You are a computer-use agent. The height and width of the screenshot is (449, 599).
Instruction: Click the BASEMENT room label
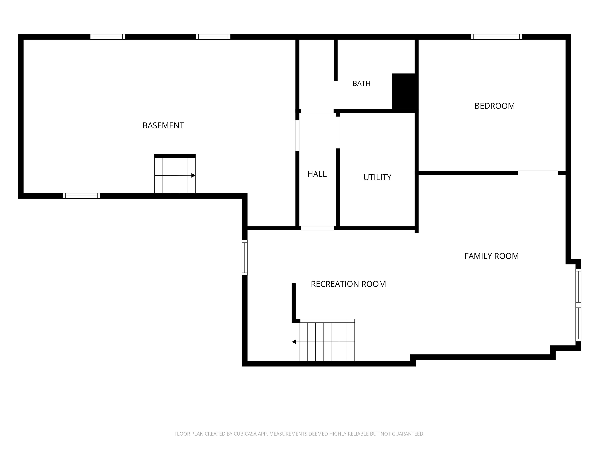click(x=163, y=126)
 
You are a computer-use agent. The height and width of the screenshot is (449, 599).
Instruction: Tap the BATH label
click(x=361, y=83)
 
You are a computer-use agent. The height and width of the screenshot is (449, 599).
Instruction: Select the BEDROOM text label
click(x=494, y=106)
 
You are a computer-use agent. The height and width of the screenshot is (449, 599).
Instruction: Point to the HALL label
click(x=317, y=174)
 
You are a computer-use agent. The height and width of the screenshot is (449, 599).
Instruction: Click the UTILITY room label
click(x=377, y=177)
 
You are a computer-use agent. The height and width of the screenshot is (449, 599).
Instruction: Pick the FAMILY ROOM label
click(x=492, y=256)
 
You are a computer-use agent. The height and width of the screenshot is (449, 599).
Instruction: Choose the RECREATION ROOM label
click(x=348, y=284)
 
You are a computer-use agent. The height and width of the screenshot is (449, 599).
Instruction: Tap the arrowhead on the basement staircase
click(x=193, y=175)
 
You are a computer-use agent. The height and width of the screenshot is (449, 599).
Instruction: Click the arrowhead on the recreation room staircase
click(x=294, y=342)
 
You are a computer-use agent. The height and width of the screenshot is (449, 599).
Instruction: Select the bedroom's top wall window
click(x=496, y=37)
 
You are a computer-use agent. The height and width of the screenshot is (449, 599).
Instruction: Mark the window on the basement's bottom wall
click(x=82, y=196)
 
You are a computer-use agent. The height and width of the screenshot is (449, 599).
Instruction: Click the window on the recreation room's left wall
click(x=245, y=258)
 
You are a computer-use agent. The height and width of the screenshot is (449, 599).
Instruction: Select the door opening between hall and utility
click(x=338, y=132)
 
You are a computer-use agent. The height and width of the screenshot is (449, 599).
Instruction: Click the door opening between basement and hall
click(x=297, y=136)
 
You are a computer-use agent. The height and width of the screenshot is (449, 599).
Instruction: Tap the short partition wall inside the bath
click(x=336, y=60)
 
